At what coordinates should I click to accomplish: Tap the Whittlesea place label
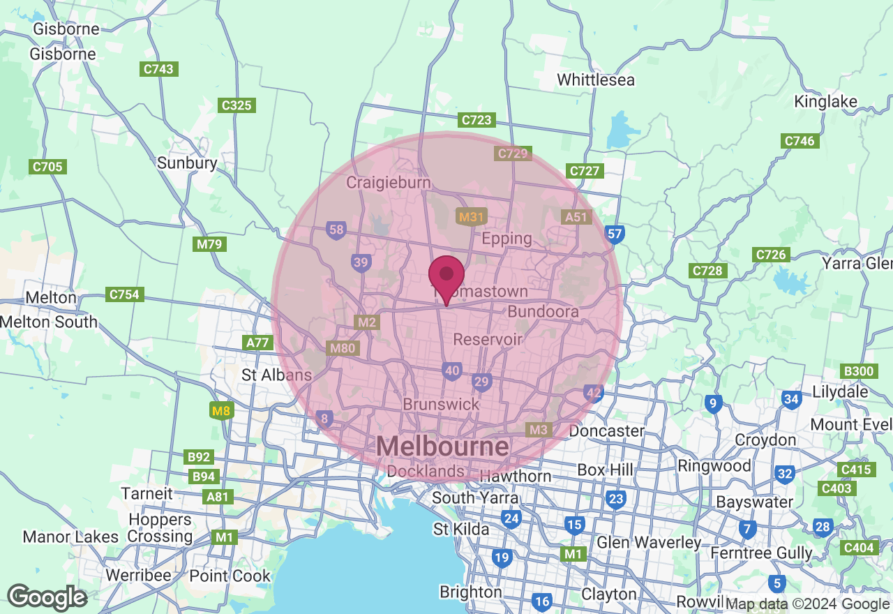tap(596, 80)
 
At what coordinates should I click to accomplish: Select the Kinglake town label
tap(825, 102)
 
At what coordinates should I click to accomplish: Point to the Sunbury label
tap(187, 163)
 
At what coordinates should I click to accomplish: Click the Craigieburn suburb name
tap(389, 182)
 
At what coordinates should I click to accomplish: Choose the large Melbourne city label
tap(442, 447)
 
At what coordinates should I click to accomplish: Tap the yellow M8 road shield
tap(221, 411)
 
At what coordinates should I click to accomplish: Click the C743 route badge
tap(158, 69)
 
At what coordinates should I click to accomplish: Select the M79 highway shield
tap(209, 244)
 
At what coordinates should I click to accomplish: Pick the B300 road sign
tap(859, 371)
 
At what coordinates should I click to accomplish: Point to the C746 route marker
tap(799, 141)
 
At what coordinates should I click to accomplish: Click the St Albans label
tap(276, 375)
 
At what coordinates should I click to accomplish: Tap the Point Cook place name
tap(230, 576)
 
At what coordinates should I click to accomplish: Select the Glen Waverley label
tap(649, 543)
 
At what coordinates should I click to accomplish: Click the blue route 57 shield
tap(615, 234)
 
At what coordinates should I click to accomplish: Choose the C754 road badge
tap(124, 294)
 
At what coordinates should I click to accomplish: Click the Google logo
tap(47, 597)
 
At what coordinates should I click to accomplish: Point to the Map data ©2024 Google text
tap(807, 604)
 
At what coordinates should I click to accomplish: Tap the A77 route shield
tap(259, 343)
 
